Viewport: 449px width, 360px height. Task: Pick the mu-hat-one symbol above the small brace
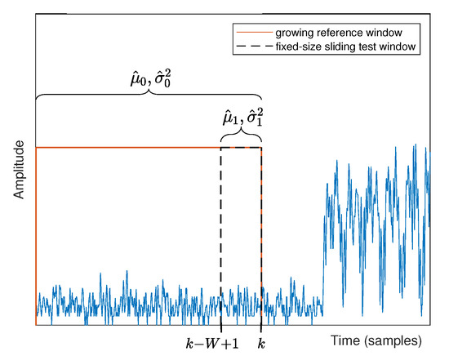tap(231, 121)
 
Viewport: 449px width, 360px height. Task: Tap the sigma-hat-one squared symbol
tap(255, 121)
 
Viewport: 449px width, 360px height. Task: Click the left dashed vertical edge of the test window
tap(221, 229)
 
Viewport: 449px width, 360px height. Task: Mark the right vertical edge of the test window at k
tap(261, 229)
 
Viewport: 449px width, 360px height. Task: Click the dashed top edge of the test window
tap(241, 147)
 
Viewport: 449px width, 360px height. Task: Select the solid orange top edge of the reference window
tap(122, 147)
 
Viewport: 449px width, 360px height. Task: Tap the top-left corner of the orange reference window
tap(37, 147)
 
